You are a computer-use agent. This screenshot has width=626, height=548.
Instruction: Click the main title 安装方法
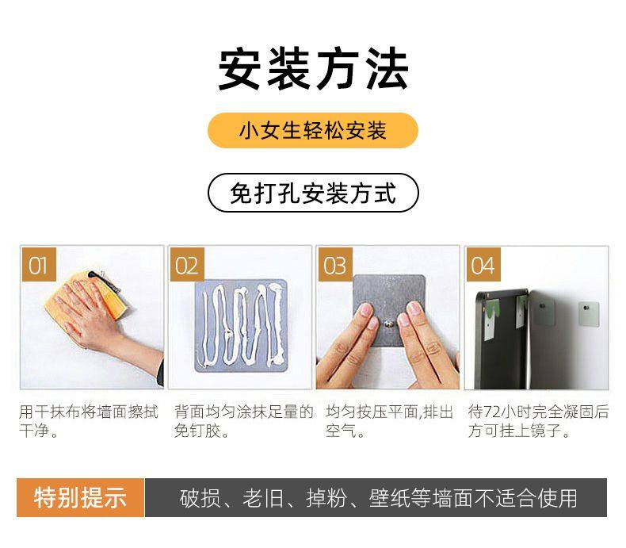coord(313,69)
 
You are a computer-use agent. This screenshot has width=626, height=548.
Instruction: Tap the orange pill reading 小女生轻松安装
coord(313,130)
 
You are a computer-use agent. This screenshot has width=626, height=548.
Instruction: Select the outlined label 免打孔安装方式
coord(313,193)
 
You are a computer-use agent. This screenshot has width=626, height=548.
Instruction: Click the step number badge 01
coord(39,265)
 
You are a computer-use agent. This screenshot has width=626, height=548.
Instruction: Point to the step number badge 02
coord(187,265)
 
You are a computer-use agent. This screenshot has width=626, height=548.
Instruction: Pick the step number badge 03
coord(335,265)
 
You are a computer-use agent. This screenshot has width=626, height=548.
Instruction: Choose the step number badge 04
coord(483,265)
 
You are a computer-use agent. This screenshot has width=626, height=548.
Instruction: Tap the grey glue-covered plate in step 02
coord(241,325)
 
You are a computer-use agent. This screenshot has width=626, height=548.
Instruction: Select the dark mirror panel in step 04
coord(502,339)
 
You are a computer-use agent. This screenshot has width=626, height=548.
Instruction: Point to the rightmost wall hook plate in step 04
coord(589,313)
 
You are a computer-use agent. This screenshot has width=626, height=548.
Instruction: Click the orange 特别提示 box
coord(80,498)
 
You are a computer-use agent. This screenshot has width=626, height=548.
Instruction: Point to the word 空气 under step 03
coord(341,431)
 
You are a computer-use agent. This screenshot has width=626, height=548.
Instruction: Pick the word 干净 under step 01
coord(34,431)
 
